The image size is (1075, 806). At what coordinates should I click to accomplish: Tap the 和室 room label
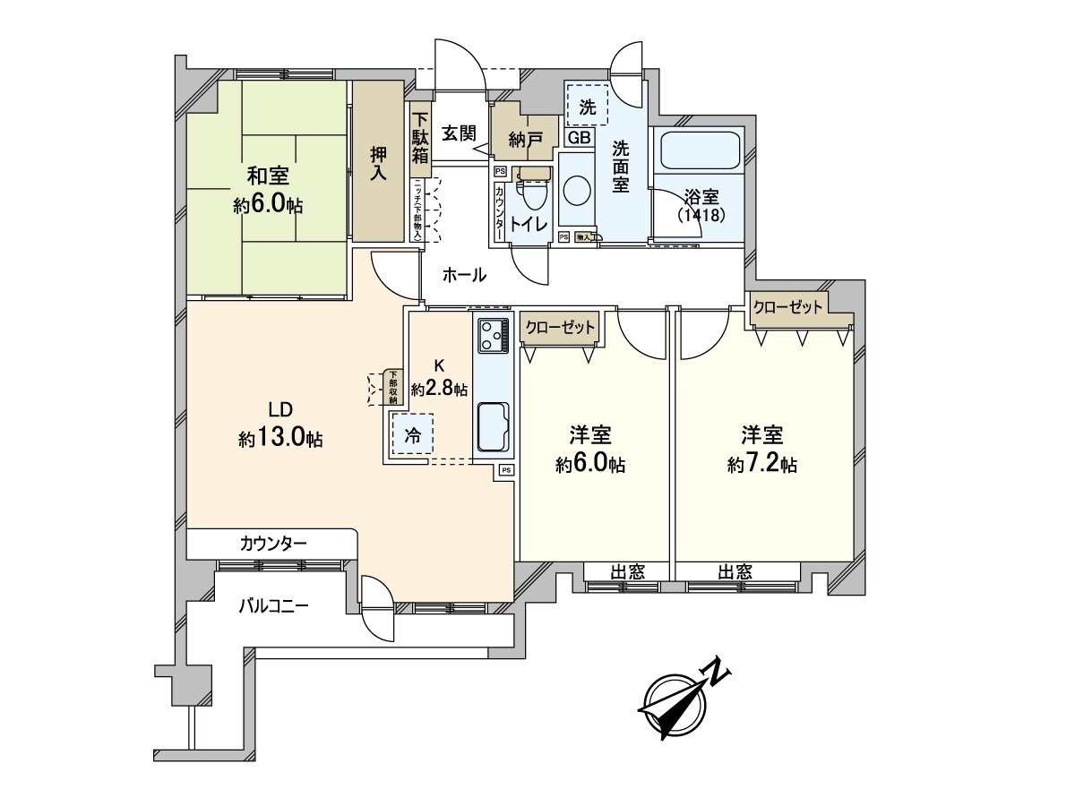(x=267, y=176)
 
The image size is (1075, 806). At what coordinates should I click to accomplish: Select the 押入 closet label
(x=378, y=162)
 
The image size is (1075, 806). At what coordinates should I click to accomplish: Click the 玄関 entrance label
(x=460, y=133)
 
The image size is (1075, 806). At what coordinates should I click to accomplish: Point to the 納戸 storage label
(x=524, y=139)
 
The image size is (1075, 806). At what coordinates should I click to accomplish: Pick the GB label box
(x=578, y=137)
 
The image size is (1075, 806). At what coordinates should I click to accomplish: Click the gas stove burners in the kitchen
(x=492, y=336)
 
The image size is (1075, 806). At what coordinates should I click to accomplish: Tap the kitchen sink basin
(x=494, y=427)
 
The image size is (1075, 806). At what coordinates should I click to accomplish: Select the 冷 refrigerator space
(x=412, y=435)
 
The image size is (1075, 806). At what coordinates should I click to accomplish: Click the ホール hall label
(x=465, y=276)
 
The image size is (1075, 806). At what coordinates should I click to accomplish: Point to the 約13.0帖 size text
(x=281, y=440)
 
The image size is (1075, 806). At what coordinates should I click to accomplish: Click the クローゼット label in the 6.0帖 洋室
(x=561, y=328)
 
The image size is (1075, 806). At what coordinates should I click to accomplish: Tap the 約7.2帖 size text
(x=762, y=465)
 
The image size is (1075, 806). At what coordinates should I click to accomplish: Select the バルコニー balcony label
(x=273, y=605)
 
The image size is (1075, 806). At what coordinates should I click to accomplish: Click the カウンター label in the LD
(x=273, y=543)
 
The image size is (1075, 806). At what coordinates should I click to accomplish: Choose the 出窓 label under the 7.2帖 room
(x=735, y=572)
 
